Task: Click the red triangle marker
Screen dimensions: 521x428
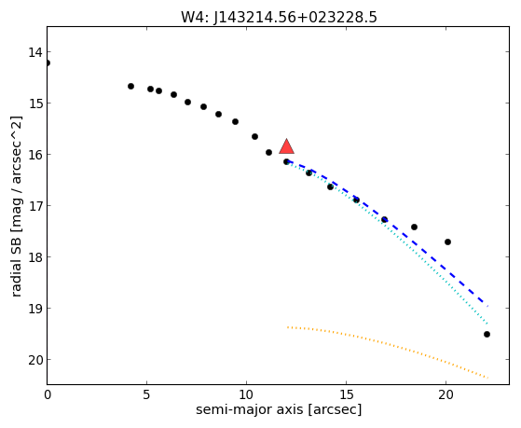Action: [x=286, y=147]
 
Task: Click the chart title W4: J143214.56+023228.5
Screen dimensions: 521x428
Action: [x=279, y=17]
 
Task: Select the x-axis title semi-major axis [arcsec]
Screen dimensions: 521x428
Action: [x=279, y=409]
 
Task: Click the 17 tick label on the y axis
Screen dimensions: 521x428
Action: [x=34, y=206]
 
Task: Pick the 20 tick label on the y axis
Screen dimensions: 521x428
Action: [x=34, y=360]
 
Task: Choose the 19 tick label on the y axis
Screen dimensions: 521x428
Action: [x=34, y=309]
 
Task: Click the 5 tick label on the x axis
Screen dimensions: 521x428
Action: [x=146, y=394]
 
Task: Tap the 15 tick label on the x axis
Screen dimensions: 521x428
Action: [x=346, y=394]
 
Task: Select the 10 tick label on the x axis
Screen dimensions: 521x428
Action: [x=246, y=394]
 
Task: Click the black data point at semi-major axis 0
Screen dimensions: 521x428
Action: [x=48, y=62]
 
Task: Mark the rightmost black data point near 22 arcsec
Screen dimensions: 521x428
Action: [x=487, y=334]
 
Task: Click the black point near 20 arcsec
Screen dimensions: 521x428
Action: [x=447, y=242]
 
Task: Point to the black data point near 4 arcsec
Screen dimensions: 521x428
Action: [x=130, y=86]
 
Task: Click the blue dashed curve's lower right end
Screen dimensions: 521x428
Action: [x=487, y=306]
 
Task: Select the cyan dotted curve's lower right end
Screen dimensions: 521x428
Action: [x=487, y=324]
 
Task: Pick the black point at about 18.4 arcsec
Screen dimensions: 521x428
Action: [x=414, y=228]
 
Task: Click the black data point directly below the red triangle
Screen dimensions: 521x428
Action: [x=286, y=161]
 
